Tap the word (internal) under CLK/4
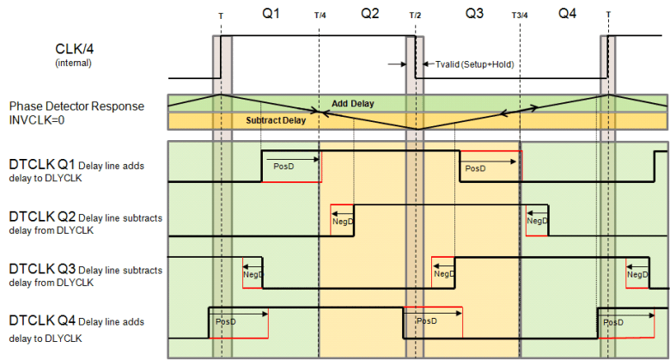[x=74, y=64]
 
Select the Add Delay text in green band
[x=352, y=104]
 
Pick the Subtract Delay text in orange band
[x=276, y=121]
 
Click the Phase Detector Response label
[x=78, y=107]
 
